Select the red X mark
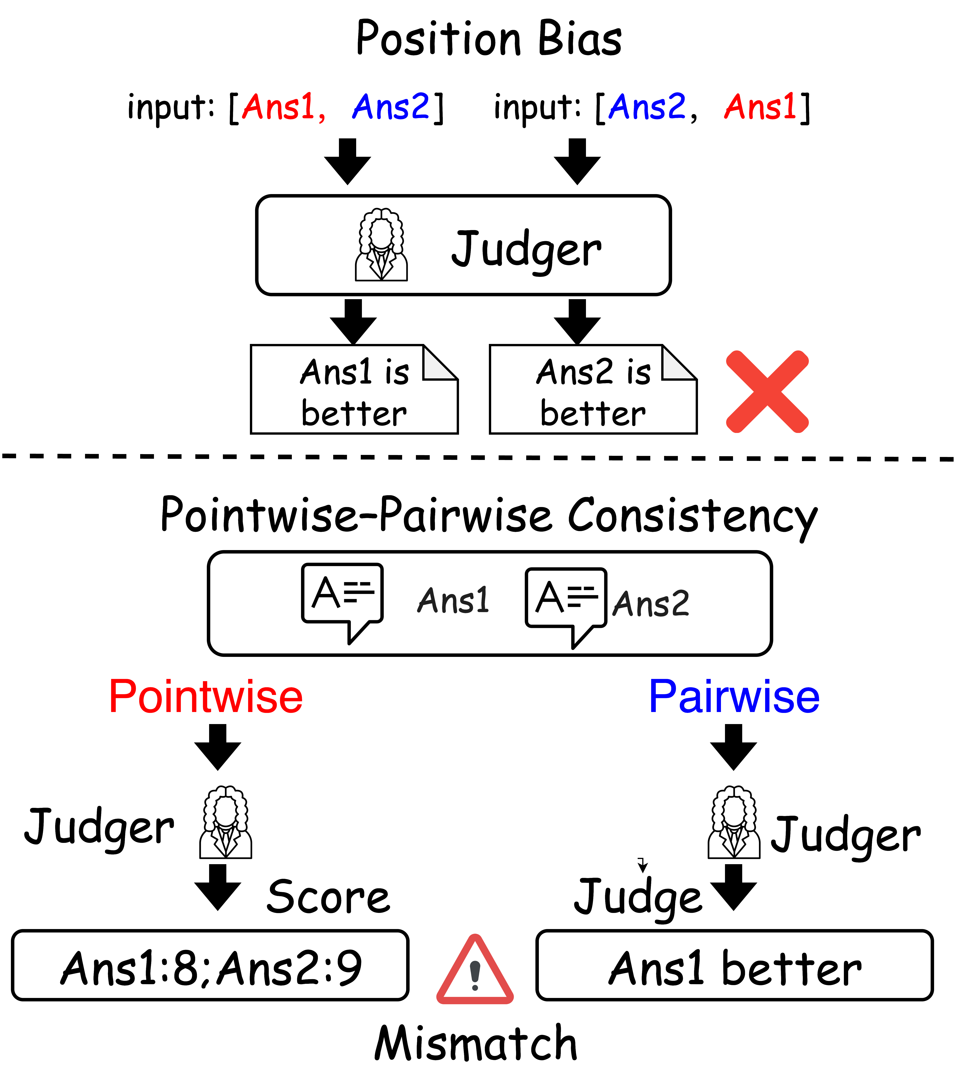[767, 391]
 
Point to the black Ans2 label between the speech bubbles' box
[651, 604]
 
